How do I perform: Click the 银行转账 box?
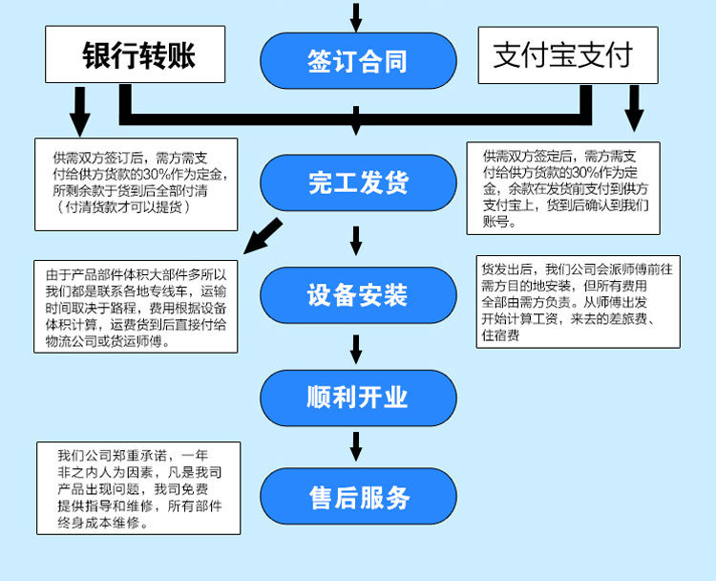point(136,54)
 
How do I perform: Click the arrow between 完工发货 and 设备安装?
point(357,240)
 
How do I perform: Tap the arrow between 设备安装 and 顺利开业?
point(357,349)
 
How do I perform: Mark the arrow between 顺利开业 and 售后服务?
point(357,445)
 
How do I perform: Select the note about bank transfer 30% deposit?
point(136,184)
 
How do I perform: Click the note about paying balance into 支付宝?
point(563,188)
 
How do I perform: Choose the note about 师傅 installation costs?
point(579,300)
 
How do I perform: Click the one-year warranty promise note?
point(138,487)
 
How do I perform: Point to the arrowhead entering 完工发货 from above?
point(357,128)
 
